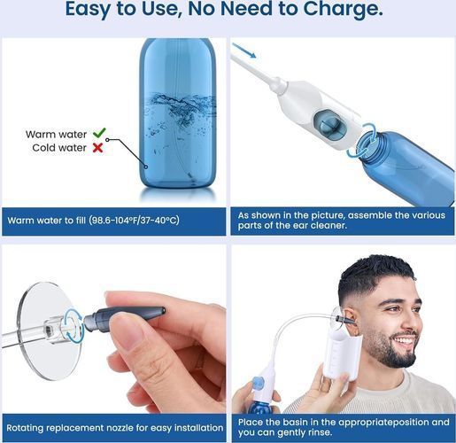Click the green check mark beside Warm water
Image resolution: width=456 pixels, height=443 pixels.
99,133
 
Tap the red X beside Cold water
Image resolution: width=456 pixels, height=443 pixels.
97,148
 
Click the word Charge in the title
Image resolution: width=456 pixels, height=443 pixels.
343,10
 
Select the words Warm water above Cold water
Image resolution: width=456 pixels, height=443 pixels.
56,135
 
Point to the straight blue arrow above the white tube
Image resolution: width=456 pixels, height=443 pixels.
243,51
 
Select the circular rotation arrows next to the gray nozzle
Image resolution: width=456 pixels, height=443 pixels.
73,326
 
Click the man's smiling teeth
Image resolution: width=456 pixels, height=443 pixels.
406,342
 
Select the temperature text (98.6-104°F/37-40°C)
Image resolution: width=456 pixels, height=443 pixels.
135,221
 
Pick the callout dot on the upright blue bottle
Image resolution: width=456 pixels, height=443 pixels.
146,167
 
